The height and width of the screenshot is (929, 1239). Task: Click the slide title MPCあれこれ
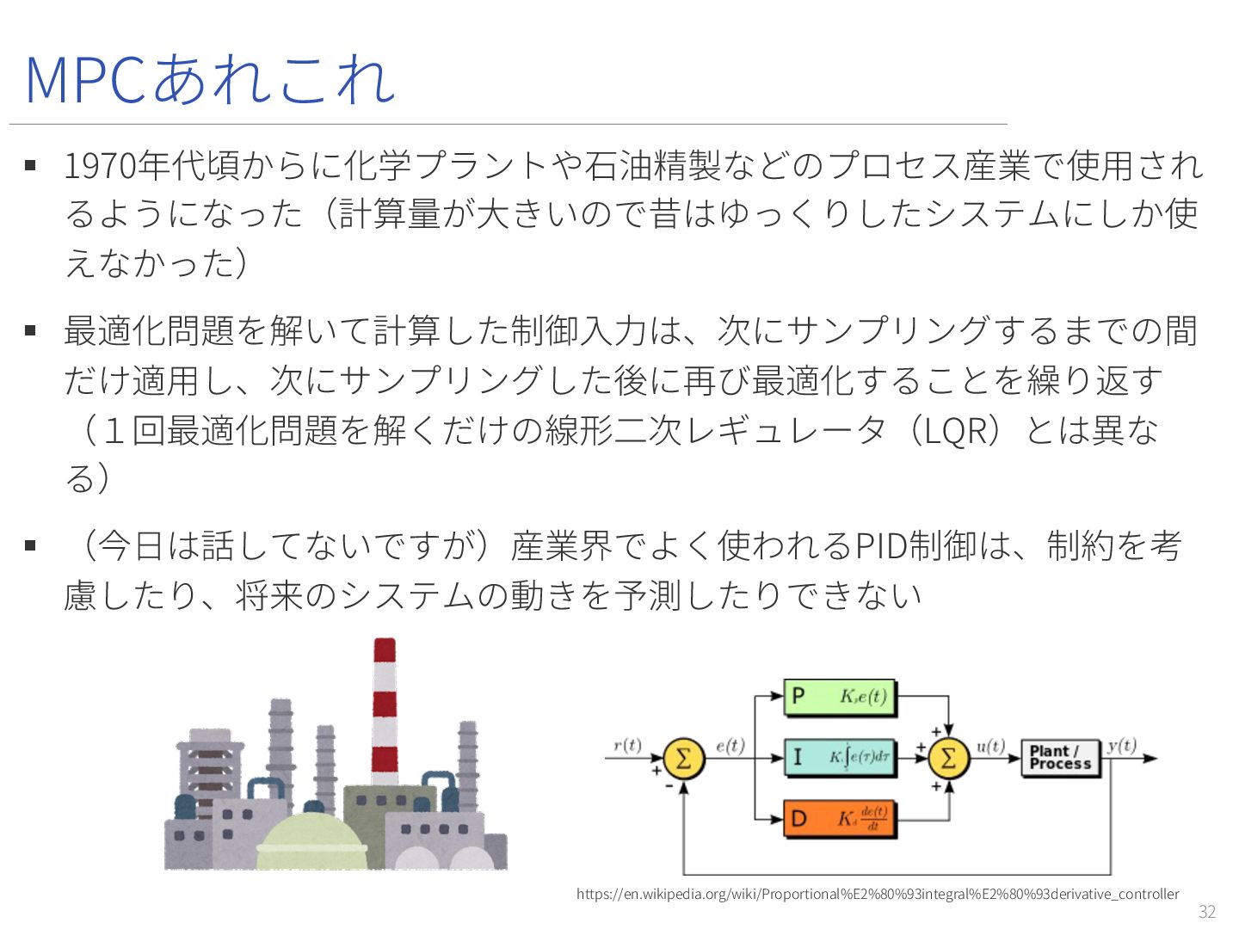pyautogui.click(x=210, y=79)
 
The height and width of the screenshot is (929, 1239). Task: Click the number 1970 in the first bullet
pyautogui.click(x=100, y=165)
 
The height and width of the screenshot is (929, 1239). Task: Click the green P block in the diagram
pyautogui.click(x=840, y=697)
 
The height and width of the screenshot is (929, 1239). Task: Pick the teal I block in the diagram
pyautogui.click(x=840, y=758)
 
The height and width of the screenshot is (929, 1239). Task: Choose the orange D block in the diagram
pyautogui.click(x=840, y=819)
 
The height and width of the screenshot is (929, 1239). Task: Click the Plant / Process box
pyautogui.click(x=1060, y=758)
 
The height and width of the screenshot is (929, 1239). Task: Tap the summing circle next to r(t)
pyautogui.click(x=683, y=759)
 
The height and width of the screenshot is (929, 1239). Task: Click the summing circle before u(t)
pyautogui.click(x=948, y=759)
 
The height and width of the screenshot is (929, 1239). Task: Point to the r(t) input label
pyautogui.click(x=627, y=745)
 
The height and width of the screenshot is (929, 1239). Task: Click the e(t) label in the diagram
pyautogui.click(x=730, y=745)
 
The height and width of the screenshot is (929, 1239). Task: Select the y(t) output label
pyautogui.click(x=1122, y=745)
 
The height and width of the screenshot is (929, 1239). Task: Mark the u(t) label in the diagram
pyautogui.click(x=990, y=745)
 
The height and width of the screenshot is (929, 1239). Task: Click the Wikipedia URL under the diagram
pyautogui.click(x=878, y=894)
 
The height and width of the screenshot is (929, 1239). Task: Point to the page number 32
pyautogui.click(x=1207, y=912)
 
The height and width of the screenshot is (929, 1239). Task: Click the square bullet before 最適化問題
pyautogui.click(x=31, y=330)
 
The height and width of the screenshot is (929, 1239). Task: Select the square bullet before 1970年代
pyautogui.click(x=31, y=165)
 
